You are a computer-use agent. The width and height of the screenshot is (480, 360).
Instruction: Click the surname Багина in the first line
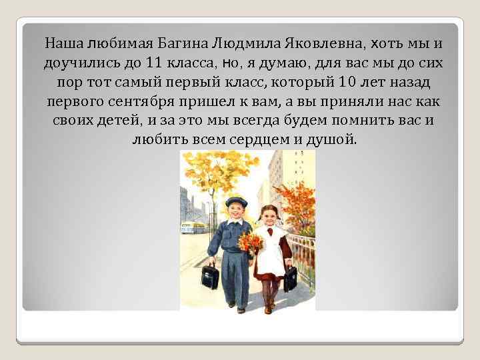(x=183, y=44)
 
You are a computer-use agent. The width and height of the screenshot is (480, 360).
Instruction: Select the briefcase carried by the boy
(x=211, y=275)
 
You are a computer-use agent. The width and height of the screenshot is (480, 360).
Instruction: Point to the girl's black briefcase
(x=291, y=279)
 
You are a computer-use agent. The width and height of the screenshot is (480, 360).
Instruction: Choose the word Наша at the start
(x=61, y=44)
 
